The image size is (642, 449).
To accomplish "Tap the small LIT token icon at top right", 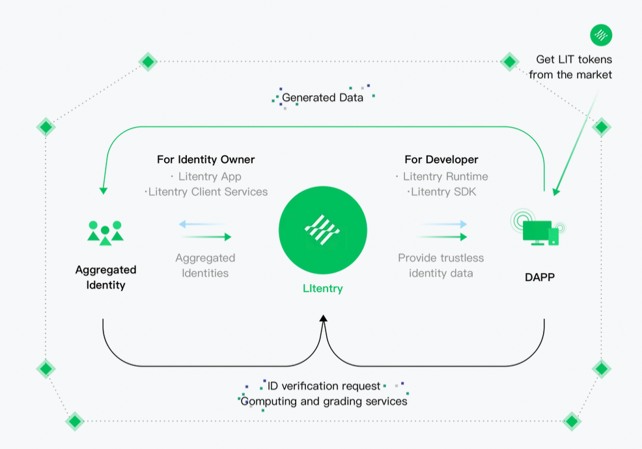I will click(601, 35).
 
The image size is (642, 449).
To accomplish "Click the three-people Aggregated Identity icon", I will click(105, 232).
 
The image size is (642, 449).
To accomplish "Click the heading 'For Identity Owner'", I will click(206, 160).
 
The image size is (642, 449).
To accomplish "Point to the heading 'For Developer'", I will click(441, 160).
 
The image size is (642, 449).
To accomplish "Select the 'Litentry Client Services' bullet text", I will click(208, 192).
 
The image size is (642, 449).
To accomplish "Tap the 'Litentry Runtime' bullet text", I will click(445, 177).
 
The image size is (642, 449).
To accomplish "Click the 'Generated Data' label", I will click(322, 98).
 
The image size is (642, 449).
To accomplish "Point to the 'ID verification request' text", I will click(324, 386).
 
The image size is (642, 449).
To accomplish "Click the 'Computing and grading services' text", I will click(324, 401).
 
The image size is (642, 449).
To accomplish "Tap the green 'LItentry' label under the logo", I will click(322, 288).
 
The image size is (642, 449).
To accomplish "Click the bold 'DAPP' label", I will click(540, 277).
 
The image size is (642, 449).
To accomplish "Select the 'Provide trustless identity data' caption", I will click(441, 265).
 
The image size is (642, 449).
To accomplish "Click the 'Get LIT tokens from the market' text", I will click(570, 67).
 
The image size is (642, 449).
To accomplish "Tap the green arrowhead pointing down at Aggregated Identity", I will click(103, 190).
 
